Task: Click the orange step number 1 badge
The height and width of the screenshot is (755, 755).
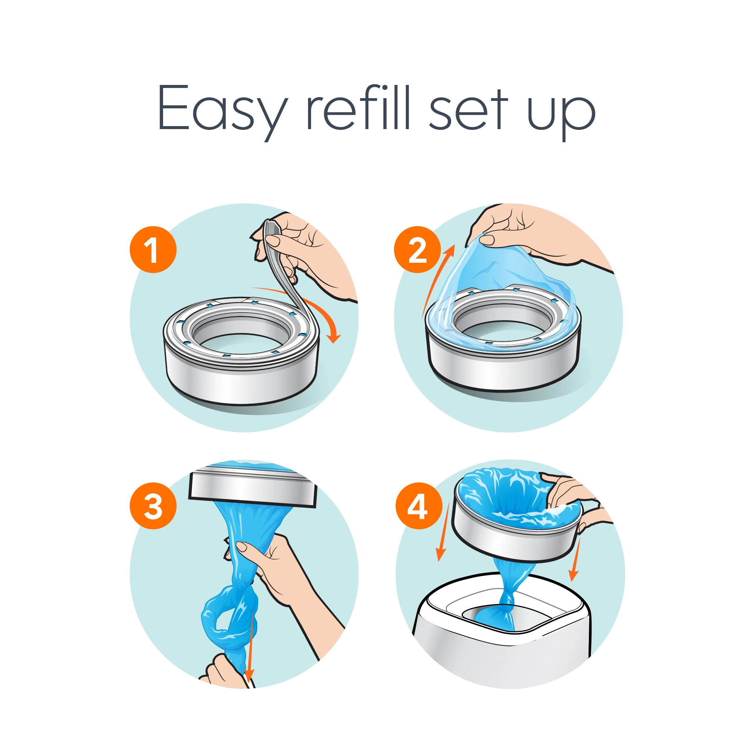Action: [153, 249]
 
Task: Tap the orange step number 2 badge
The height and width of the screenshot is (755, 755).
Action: [417, 249]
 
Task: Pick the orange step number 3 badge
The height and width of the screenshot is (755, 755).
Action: [153, 506]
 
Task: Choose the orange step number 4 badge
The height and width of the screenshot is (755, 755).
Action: [419, 506]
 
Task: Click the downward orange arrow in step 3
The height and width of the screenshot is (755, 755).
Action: [250, 641]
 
